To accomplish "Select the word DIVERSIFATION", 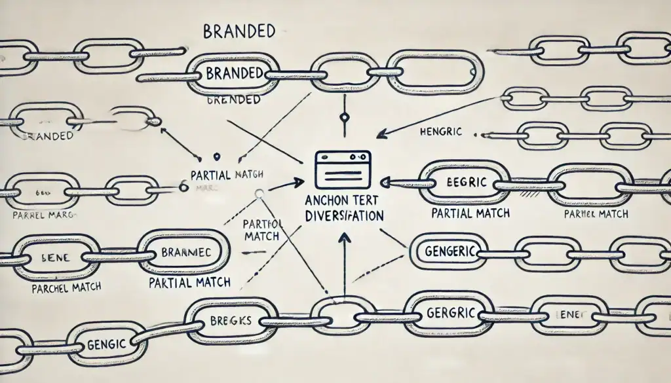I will pyautogui.click(x=343, y=215).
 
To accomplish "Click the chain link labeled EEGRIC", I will pyautogui.click(x=463, y=183).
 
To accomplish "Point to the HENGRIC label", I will pyautogui.click(x=440, y=132).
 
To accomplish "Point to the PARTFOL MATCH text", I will pyautogui.click(x=262, y=230).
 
